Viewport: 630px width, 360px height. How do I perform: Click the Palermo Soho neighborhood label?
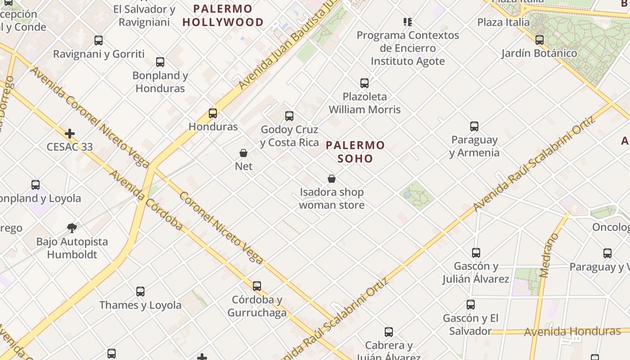tap(355, 152)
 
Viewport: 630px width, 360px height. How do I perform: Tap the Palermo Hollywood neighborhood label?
tap(223, 15)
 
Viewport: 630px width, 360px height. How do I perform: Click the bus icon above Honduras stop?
tap(213, 113)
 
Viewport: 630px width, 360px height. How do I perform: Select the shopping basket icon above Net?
tap(243, 153)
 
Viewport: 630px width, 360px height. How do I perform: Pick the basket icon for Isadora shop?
tap(332, 179)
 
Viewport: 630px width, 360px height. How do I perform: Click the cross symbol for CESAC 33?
tap(70, 134)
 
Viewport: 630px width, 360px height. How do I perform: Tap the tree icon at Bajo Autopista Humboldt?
tap(72, 228)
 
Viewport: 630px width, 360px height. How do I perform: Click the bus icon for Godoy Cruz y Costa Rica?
tap(289, 116)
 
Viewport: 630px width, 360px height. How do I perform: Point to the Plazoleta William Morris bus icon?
tap(364, 83)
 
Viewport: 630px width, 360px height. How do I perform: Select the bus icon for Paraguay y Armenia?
tap(474, 126)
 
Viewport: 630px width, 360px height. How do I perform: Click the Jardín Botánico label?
tap(539, 53)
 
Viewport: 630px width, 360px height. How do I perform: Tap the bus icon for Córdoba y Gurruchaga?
tap(256, 286)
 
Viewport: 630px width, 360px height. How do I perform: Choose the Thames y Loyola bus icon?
tap(140, 292)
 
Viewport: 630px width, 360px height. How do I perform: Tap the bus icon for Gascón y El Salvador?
tap(471, 305)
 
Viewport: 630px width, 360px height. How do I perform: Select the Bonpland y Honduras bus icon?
tap(160, 62)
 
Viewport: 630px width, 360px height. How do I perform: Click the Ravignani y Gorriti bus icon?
tap(99, 40)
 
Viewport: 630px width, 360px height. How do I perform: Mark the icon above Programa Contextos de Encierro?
tap(408, 22)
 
